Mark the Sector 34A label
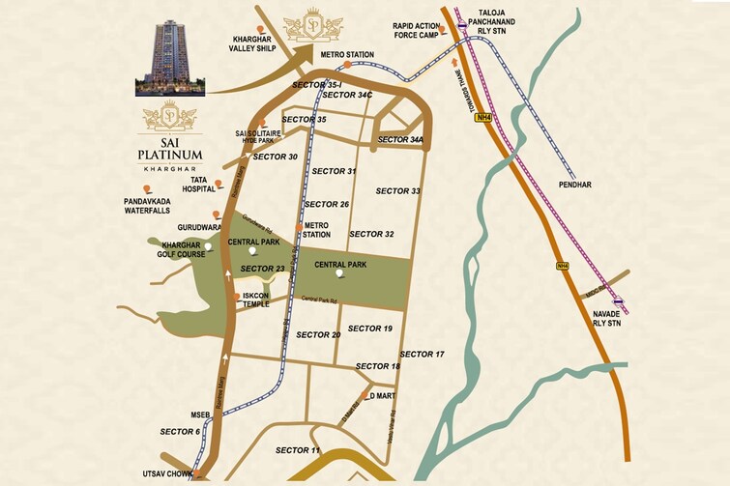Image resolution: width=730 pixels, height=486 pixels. (x=400, y=140)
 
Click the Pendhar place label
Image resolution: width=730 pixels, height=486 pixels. (x=601, y=184)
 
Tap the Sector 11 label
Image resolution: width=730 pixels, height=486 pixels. (x=298, y=451)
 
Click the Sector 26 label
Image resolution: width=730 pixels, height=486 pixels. (x=327, y=205)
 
